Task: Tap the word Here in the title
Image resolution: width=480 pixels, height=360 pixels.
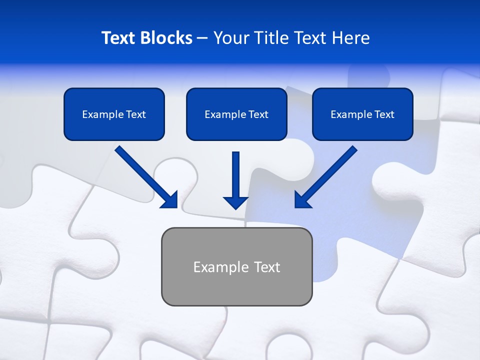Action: (351, 38)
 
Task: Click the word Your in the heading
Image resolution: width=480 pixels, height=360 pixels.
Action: (230, 38)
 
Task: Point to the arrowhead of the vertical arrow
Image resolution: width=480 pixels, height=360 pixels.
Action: (235, 202)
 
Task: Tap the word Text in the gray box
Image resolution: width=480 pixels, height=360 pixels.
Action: (267, 267)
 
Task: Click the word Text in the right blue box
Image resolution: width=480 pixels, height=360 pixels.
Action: (384, 114)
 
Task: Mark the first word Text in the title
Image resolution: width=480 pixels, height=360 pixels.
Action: (119, 38)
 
